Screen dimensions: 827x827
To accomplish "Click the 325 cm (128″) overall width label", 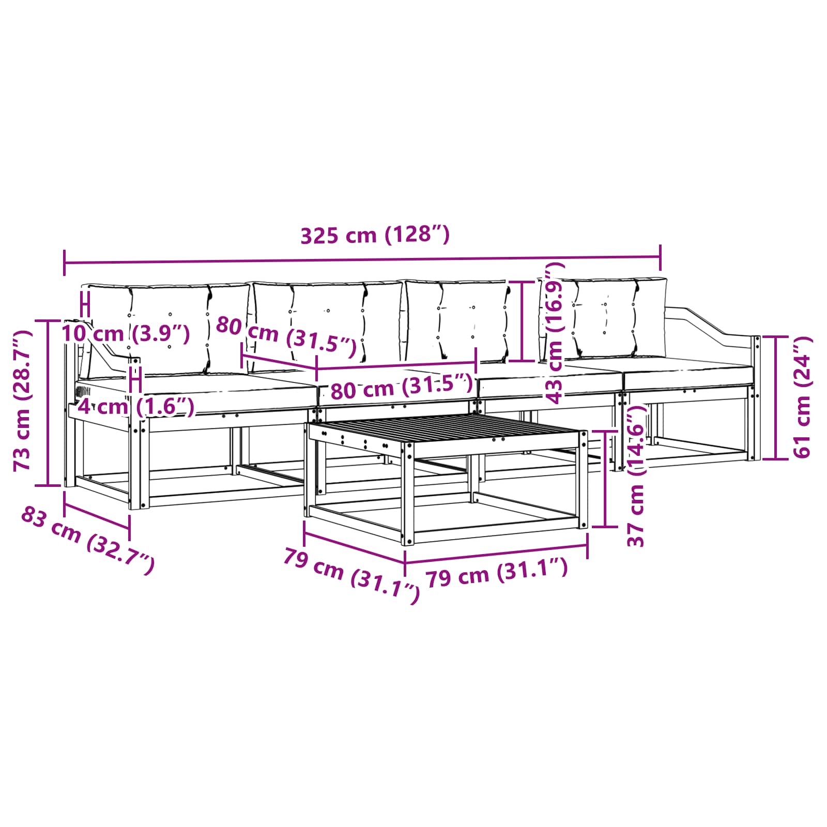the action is [x=375, y=235].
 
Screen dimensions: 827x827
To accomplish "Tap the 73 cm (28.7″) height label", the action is [x=23, y=401].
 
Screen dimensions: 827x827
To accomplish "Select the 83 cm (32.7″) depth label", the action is [x=87, y=540].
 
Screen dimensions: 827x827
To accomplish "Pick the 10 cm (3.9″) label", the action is [x=126, y=333].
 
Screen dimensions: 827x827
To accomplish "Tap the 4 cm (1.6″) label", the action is [x=136, y=407].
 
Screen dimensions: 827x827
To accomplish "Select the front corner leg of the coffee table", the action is [x=408, y=496].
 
